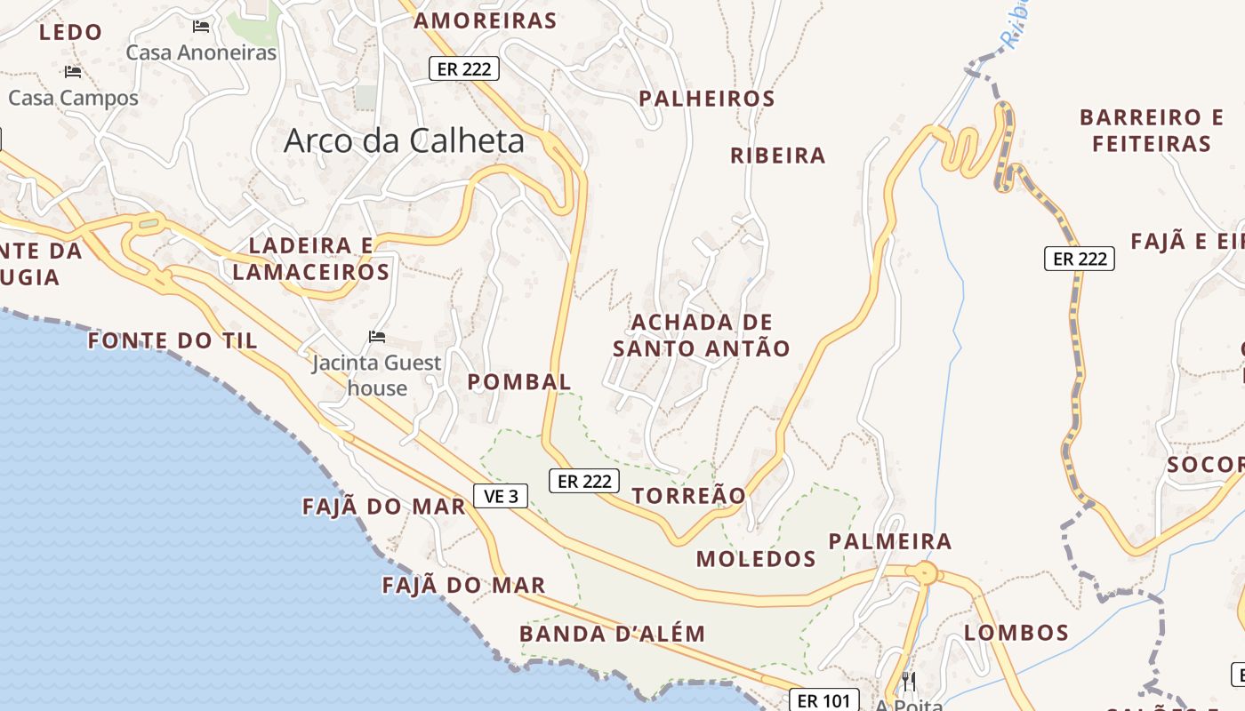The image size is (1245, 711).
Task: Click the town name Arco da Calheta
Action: (404, 140)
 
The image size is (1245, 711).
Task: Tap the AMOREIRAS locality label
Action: (486, 20)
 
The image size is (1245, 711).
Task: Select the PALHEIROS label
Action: (708, 98)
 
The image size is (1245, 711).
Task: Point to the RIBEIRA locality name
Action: (778, 156)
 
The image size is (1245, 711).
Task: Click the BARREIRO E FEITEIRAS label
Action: (1152, 130)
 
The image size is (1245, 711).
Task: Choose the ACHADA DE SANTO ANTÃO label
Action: (702, 335)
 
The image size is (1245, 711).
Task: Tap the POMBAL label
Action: (519, 382)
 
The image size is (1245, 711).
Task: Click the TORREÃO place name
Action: (689, 495)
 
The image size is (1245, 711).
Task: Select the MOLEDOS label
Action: (756, 559)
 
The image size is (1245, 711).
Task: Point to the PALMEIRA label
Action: (890, 541)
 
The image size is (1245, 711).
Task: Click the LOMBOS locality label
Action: (1016, 633)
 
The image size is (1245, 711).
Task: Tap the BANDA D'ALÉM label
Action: (612, 634)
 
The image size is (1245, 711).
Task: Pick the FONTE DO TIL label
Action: (173, 340)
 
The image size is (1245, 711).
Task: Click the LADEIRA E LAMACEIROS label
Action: (311, 259)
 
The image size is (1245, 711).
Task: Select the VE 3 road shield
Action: (502, 496)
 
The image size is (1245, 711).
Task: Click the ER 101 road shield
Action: (824, 700)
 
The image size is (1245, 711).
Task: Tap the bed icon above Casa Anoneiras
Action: (201, 27)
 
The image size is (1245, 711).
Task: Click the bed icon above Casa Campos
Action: (73, 72)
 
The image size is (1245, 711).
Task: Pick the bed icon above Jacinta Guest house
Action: (377, 337)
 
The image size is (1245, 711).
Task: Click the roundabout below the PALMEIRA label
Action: (925, 573)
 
